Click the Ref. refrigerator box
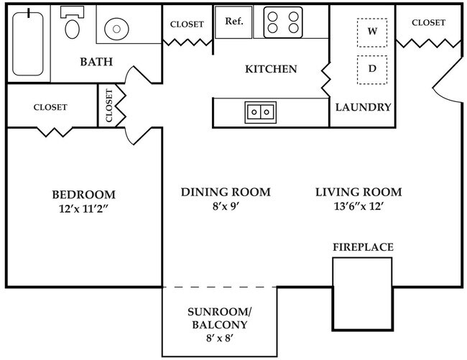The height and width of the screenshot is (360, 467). [234, 22]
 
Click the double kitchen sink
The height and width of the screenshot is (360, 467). [260, 112]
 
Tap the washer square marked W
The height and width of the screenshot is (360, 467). [372, 32]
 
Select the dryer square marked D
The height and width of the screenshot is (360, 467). [372, 69]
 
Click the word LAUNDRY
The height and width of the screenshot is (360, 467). [364, 108]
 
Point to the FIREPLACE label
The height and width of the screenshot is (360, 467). [363, 247]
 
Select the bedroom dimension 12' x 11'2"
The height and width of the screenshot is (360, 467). [83, 209]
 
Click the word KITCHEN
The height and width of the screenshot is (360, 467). [271, 70]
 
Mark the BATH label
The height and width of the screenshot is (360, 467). [96, 62]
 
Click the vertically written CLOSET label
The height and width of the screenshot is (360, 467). [109, 105]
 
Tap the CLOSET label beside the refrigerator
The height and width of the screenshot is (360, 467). [187, 24]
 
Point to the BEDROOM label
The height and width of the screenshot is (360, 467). [83, 195]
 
